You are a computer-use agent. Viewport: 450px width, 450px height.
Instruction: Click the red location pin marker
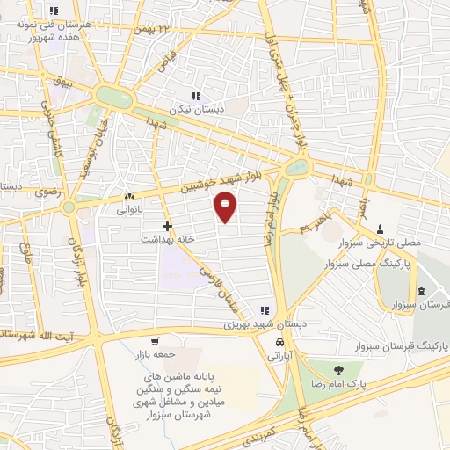tap(226, 207)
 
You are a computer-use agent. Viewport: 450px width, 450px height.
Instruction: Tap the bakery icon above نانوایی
tap(130, 197)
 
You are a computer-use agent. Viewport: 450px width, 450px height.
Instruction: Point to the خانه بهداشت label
tap(167, 239)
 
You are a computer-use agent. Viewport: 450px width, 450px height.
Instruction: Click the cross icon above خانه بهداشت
tap(167, 226)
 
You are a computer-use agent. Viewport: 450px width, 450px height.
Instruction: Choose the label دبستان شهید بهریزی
tap(264, 323)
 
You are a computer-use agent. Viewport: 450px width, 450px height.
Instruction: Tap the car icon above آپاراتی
tap(278, 342)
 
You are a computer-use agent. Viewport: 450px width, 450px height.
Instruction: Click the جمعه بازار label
tap(155, 356)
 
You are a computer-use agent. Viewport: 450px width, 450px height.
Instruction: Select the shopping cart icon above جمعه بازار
tap(155, 342)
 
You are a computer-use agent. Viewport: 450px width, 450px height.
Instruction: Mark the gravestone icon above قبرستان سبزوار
tap(422, 291)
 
